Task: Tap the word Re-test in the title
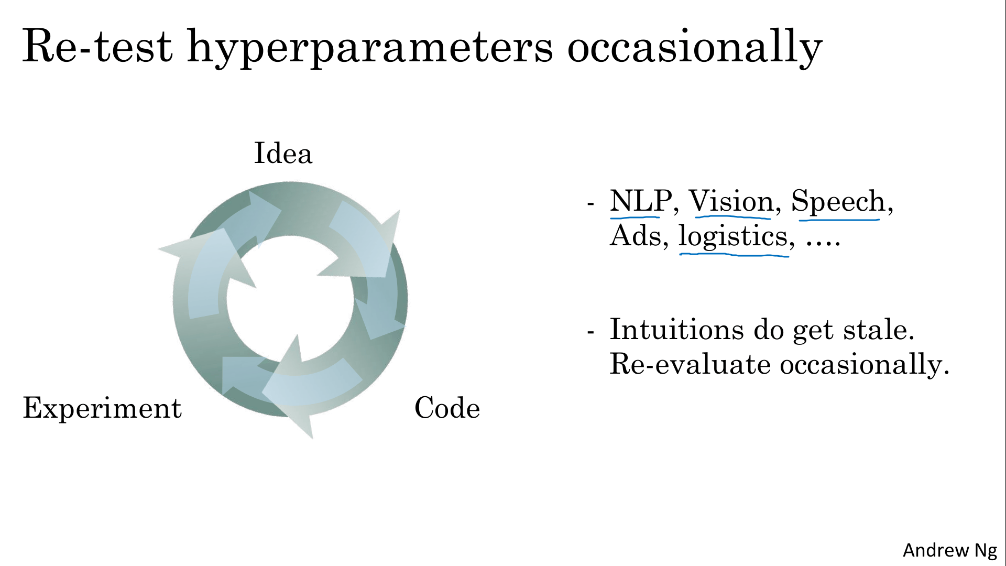(97, 46)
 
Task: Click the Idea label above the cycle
(283, 153)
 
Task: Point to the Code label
(447, 408)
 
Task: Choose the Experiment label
(102, 409)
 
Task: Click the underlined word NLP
(641, 201)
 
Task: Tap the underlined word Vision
(731, 201)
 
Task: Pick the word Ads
(636, 236)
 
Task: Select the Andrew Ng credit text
(950, 550)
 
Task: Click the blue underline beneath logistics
(734, 255)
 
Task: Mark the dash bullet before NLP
(591, 203)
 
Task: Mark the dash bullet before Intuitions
(591, 332)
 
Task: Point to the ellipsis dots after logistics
(823, 244)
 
